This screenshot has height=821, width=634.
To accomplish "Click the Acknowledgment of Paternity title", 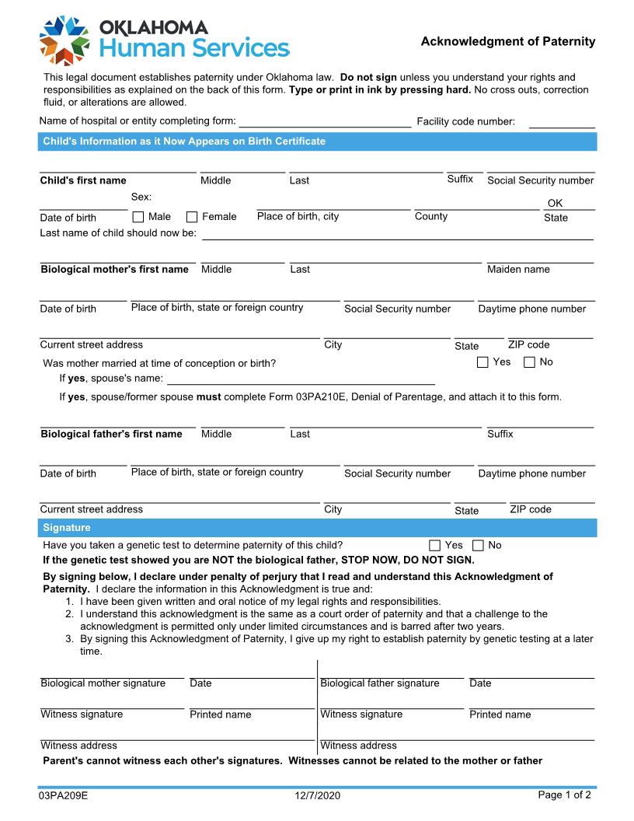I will (x=507, y=42).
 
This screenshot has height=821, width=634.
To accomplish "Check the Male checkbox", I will (x=138, y=217).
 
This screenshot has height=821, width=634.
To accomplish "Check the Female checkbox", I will (x=192, y=217).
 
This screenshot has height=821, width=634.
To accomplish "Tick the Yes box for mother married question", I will (x=482, y=362).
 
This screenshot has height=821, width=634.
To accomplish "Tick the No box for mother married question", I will (x=529, y=362).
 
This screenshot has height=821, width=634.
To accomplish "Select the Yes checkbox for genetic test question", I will (x=434, y=546).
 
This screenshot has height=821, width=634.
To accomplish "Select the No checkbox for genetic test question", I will (x=478, y=546).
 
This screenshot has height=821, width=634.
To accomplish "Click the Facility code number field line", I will (x=561, y=124).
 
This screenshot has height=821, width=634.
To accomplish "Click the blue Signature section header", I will (x=317, y=528).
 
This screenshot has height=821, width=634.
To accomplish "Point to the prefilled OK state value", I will (x=555, y=203).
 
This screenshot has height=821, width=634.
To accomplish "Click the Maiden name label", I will (x=517, y=270).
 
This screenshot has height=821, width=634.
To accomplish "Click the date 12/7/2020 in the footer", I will (x=317, y=795).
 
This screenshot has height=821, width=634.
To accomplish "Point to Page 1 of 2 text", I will (x=564, y=795).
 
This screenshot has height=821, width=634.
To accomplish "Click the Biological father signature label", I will (x=379, y=683).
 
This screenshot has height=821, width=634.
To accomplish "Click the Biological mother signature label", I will (x=103, y=683).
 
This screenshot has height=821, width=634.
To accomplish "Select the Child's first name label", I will (x=83, y=180).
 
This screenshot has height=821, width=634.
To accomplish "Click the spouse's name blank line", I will (x=301, y=383).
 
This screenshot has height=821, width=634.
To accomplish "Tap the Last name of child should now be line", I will (x=397, y=237).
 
